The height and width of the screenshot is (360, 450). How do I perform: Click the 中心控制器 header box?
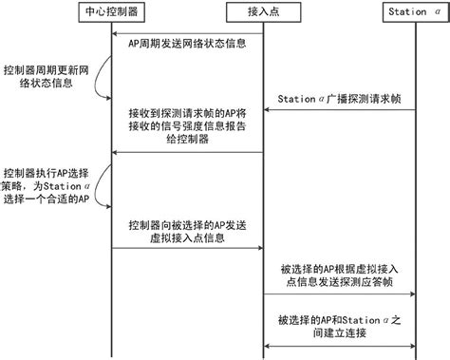pyautogui.click(x=111, y=12)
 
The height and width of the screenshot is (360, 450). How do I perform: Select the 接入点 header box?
pyautogui.click(x=262, y=12)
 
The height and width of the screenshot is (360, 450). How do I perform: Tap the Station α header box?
pyautogui.click(x=414, y=12)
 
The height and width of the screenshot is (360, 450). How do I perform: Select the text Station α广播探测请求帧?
pyautogui.click(x=340, y=99)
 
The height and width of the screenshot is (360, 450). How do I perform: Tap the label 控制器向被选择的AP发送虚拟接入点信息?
pyautogui.click(x=186, y=232)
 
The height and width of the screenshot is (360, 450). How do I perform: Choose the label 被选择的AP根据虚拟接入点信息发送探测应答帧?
pyautogui.click(x=339, y=276)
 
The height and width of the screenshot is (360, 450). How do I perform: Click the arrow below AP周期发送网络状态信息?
pyautogui.click(x=186, y=55)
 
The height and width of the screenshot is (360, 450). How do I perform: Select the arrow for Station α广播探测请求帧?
pyautogui.click(x=339, y=111)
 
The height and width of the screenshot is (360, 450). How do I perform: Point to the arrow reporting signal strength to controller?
pyautogui.click(x=186, y=152)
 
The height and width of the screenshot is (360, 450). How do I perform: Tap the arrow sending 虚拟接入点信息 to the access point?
pyautogui.click(x=186, y=249)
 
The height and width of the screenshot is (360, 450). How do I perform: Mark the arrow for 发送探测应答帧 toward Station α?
pyautogui.click(x=339, y=294)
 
